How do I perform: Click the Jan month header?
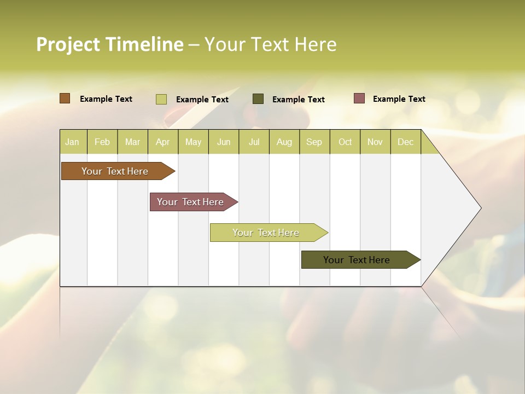click(73, 142)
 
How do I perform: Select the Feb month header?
click(102, 142)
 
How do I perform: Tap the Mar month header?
click(132, 142)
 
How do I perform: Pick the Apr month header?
click(163, 142)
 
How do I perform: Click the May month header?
click(193, 142)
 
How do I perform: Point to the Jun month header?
click(224, 142)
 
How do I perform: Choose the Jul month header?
click(254, 142)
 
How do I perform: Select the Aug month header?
click(284, 142)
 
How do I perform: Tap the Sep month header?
click(314, 142)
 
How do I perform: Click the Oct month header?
click(345, 142)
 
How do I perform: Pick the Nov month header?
click(375, 142)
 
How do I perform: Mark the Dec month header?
click(406, 142)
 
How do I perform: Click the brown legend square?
click(65, 99)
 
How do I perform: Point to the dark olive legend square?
click(258, 99)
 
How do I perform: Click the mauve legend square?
click(359, 99)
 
